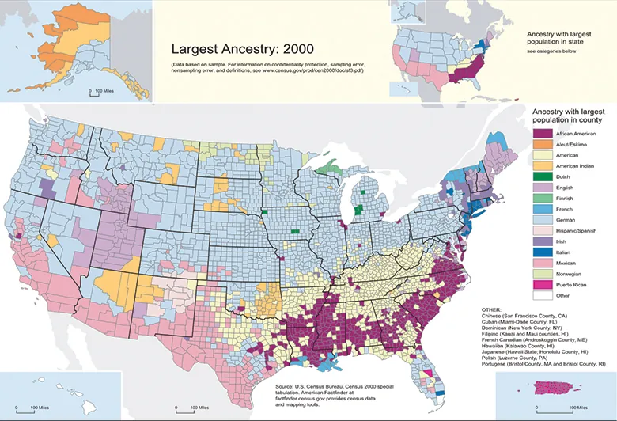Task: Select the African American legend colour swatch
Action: tap(543, 134)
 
